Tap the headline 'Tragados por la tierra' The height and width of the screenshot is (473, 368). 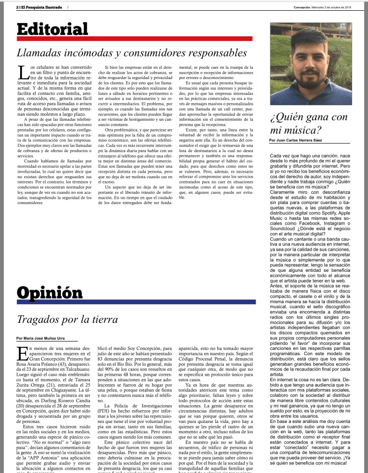pyautogui.click(x=67, y=319)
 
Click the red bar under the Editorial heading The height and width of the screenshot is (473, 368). pyautogui.click(x=134, y=38)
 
